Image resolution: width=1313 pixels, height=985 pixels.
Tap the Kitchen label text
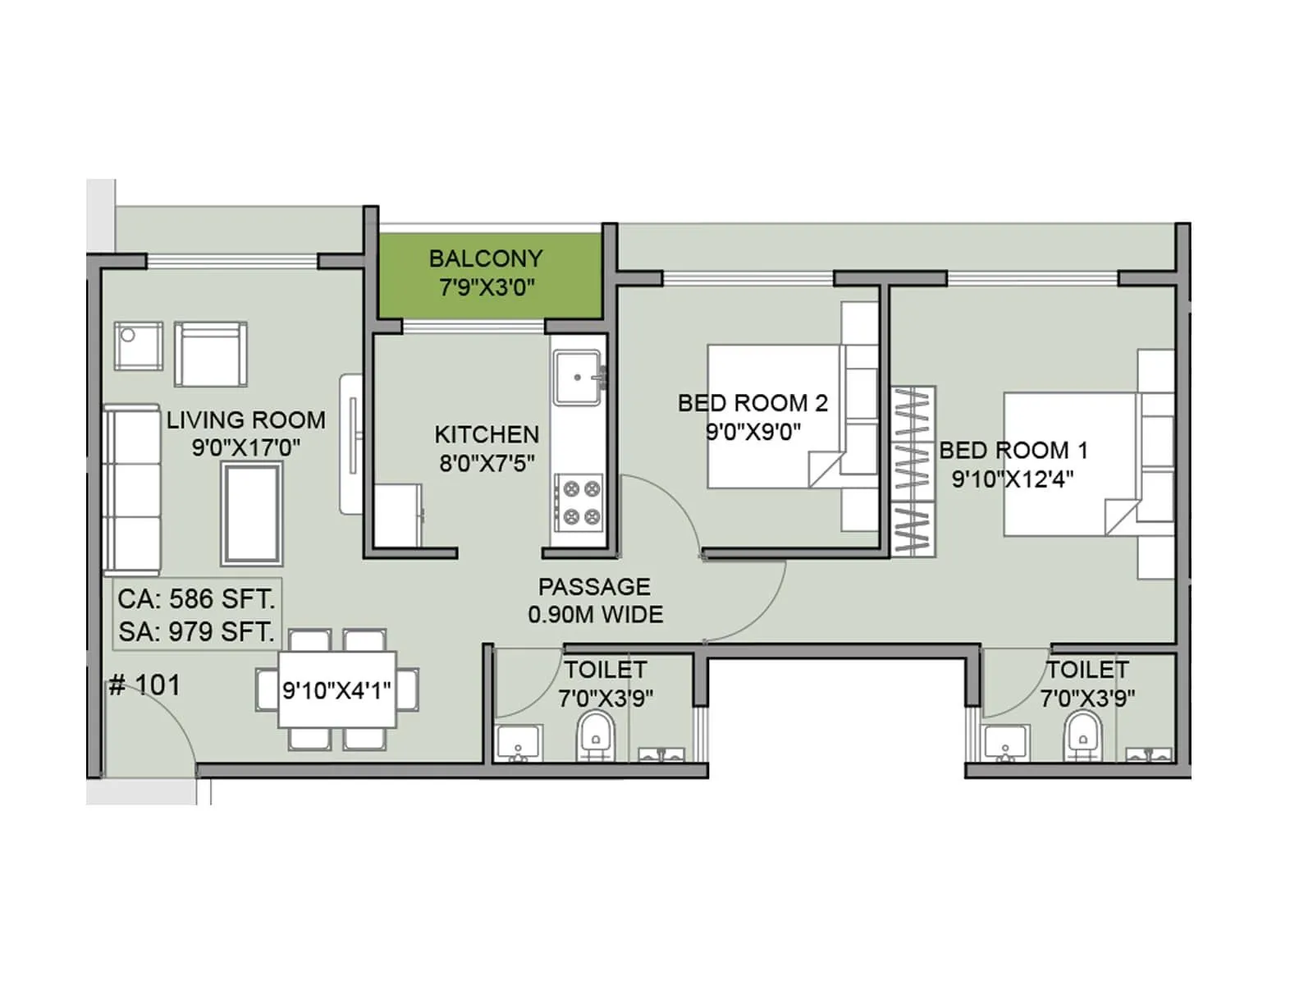tap(487, 434)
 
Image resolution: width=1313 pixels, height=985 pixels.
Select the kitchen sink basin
tap(576, 378)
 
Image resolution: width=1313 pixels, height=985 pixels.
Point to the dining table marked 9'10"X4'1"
tap(336, 689)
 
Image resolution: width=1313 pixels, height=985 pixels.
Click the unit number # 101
tap(144, 685)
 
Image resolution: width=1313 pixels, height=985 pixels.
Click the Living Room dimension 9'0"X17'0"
tap(245, 448)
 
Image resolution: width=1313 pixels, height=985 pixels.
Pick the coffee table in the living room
tap(251, 513)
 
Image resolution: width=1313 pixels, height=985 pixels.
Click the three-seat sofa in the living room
tap(131, 489)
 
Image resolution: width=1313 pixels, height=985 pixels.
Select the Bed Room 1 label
tap(1013, 450)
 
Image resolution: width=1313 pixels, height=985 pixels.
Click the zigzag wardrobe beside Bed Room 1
tap(913, 471)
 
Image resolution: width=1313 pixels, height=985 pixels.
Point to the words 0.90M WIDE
tap(595, 615)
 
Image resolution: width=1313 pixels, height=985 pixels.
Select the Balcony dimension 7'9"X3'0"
tap(487, 287)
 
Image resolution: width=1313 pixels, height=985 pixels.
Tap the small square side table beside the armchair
tap(137, 346)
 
